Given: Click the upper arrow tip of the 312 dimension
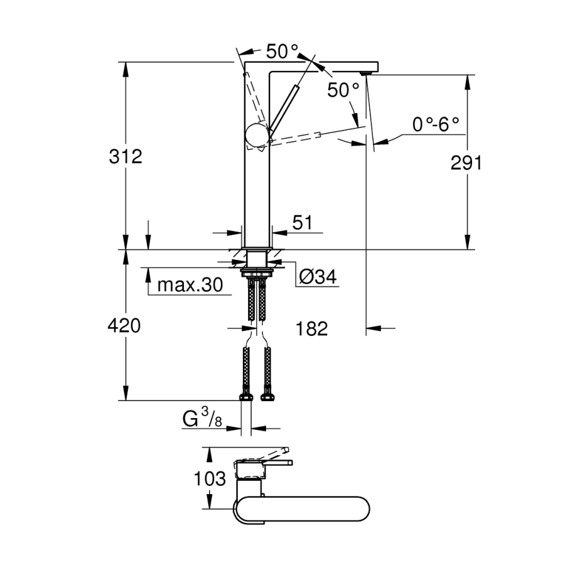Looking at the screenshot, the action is (126, 62).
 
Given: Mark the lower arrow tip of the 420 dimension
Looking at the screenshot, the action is (126, 400).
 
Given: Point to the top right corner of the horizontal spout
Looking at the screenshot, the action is (378, 62).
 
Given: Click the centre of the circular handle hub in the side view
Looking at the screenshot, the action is (257, 136).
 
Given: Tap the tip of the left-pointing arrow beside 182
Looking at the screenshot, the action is (367, 328).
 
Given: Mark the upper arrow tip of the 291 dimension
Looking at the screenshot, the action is (467, 75).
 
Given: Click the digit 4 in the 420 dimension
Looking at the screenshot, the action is (114, 326).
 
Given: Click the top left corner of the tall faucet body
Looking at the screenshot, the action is (244, 62).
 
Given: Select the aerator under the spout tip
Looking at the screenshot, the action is (366, 73).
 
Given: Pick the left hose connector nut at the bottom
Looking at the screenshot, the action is (246, 397).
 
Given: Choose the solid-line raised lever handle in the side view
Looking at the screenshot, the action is (283, 108).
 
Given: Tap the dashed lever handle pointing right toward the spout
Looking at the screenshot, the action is (295, 139).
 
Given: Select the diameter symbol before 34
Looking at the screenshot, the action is (306, 277).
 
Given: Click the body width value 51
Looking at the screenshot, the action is (302, 223).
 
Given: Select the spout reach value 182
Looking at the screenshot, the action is (311, 328).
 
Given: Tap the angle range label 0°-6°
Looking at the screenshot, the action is (436, 125).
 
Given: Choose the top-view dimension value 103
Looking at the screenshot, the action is (210, 479).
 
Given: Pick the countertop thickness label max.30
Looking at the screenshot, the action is (190, 285).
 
